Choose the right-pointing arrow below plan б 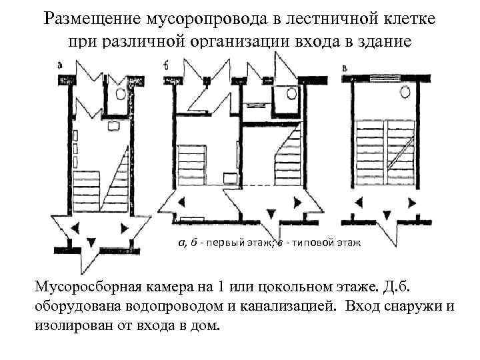pyautogui.click(x=308, y=202)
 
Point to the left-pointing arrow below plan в pyautogui.click(x=358, y=202)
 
